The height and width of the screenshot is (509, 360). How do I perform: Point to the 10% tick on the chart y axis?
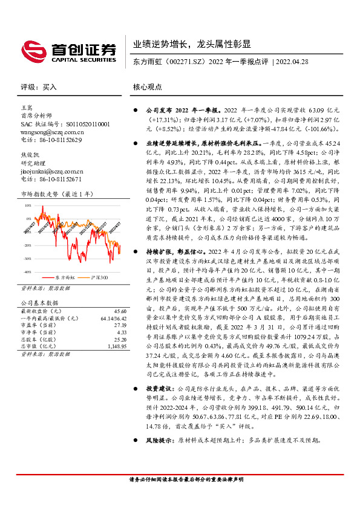click(x=27, y=206)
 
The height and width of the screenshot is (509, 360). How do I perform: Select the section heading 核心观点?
click(x=148, y=87)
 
